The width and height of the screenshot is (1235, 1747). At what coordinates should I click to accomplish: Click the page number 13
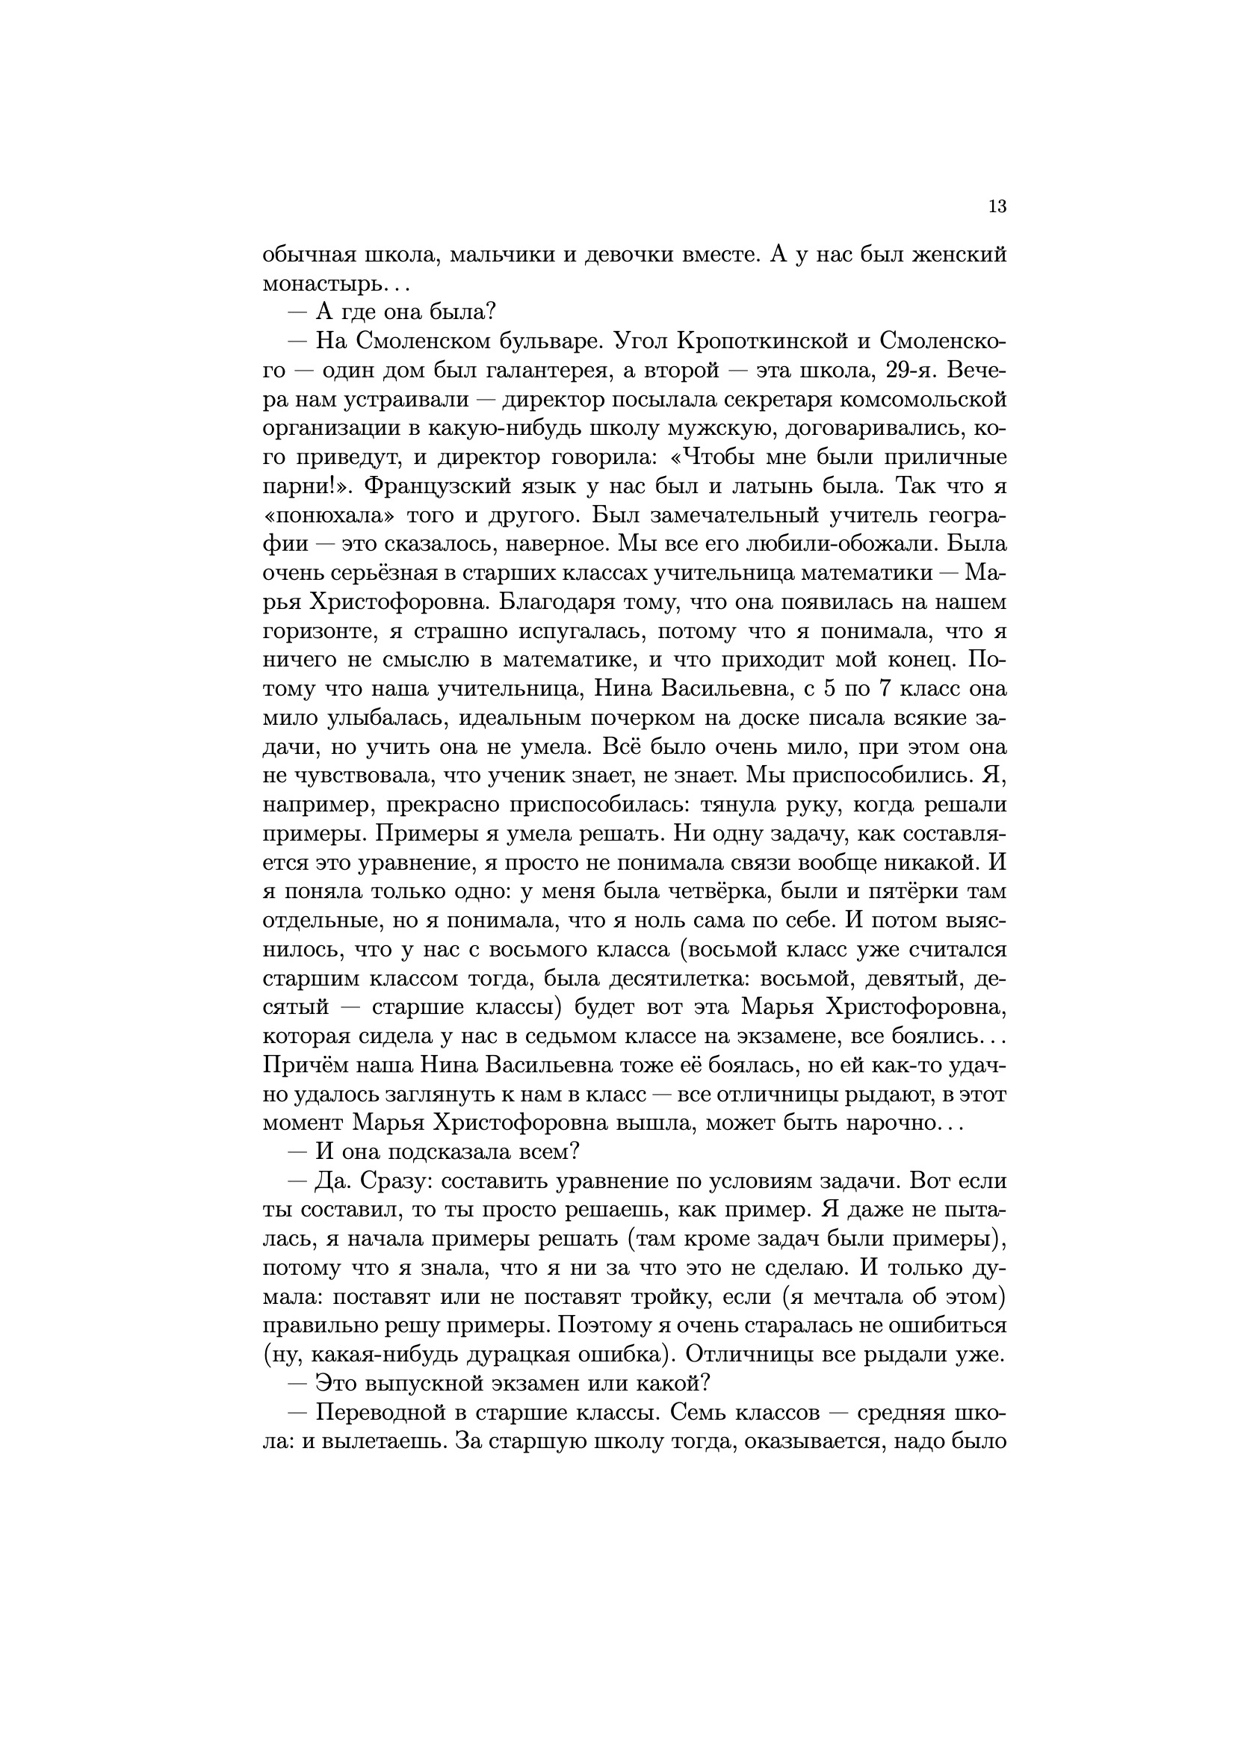click(997, 206)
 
